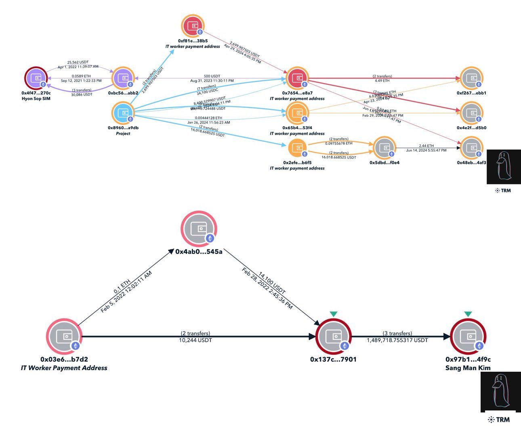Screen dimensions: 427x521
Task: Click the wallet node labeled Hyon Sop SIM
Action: tap(37, 78)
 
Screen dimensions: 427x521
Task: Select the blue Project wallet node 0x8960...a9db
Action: tap(123, 113)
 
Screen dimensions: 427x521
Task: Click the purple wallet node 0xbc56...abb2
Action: tap(123, 78)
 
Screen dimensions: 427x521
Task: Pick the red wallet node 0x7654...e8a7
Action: tap(297, 78)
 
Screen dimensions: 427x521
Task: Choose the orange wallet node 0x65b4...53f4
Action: tap(297, 113)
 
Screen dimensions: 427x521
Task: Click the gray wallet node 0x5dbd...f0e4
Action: tap(384, 148)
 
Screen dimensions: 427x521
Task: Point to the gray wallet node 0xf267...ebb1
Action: tap(471, 78)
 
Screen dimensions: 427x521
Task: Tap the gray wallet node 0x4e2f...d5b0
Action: tap(471, 113)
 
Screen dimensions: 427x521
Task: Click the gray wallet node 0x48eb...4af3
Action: tap(471, 148)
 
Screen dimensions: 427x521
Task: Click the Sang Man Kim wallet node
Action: tap(468, 337)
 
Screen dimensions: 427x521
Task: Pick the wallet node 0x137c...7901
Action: tap(333, 337)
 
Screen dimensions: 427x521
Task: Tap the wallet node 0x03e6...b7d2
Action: tap(64, 337)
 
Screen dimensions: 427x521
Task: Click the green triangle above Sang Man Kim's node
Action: tap(468, 314)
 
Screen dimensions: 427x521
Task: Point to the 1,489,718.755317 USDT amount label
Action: tap(397, 340)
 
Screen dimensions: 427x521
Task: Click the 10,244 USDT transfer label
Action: tap(195, 340)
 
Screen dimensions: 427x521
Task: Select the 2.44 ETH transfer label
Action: tap(426, 146)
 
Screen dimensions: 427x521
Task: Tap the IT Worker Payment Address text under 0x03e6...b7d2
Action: tap(64, 368)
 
